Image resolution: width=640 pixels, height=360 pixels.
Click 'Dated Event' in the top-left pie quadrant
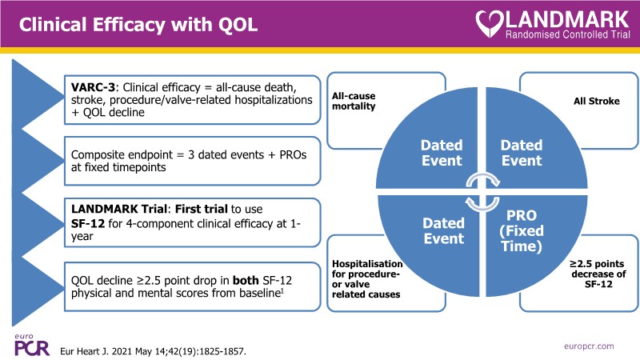[x=441, y=153]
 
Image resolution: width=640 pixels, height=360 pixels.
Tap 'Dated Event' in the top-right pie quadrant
[x=521, y=153]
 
